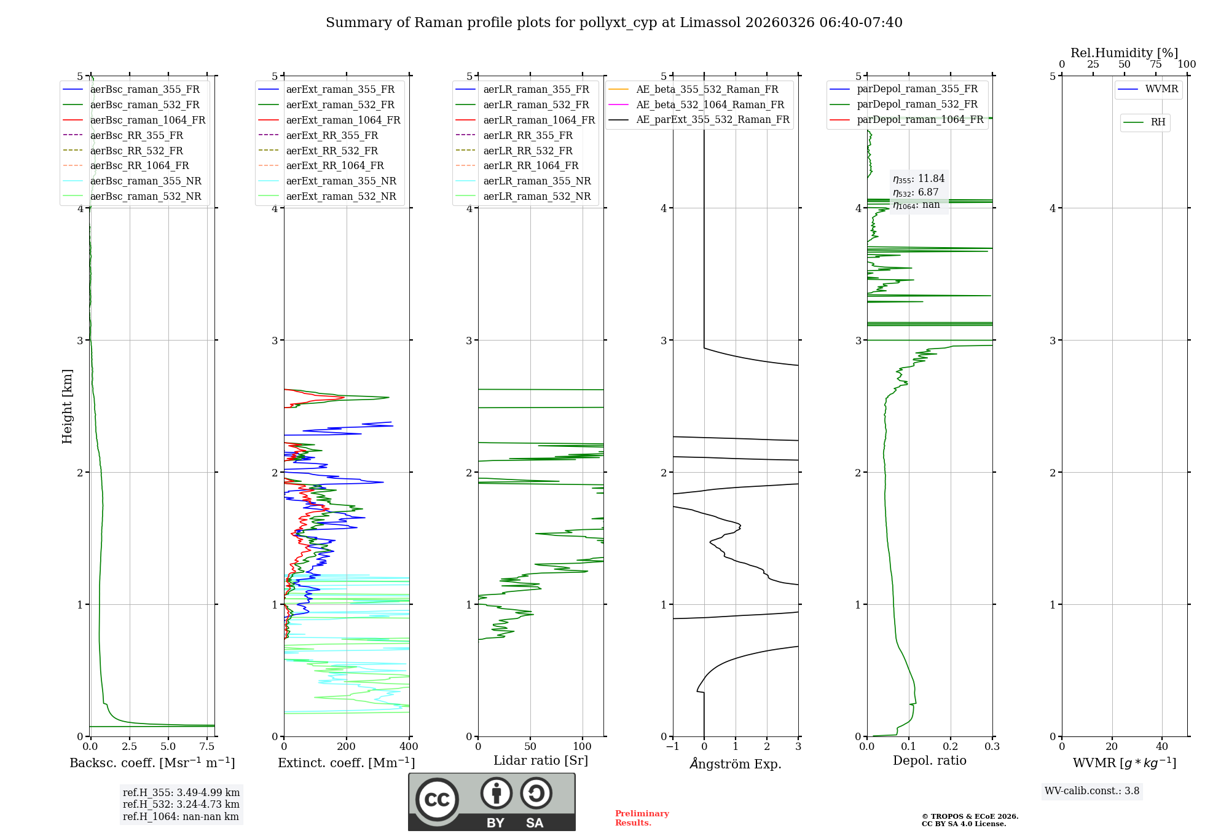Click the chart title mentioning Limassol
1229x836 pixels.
click(614, 23)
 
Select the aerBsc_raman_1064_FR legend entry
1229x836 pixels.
click(147, 120)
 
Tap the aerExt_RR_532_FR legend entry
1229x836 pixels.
click(332, 151)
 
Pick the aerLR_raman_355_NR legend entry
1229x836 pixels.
click(536, 181)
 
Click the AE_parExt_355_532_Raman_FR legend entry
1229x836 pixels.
click(712, 119)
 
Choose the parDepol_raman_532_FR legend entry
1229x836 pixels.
click(917, 104)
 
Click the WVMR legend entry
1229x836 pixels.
click(1161, 89)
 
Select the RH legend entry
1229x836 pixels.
click(1158, 122)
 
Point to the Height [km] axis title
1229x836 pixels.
click(67, 406)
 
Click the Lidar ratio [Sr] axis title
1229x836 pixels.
click(541, 760)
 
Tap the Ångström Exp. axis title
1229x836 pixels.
click(736, 763)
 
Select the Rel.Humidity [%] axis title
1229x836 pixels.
click(1124, 53)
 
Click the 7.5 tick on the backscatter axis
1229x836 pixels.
click(207, 747)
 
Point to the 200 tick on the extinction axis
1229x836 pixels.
click(347, 747)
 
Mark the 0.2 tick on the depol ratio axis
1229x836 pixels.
click(951, 747)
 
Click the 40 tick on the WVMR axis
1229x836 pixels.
click(1162, 747)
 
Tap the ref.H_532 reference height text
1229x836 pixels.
click(181, 804)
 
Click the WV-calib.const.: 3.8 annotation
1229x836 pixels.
click(1092, 791)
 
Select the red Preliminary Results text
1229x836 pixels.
click(642, 818)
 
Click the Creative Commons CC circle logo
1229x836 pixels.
click(437, 800)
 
